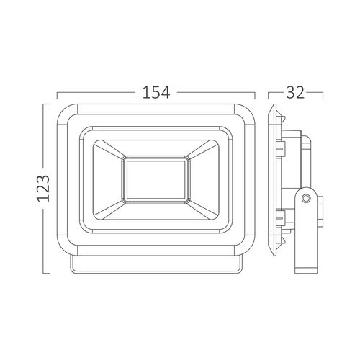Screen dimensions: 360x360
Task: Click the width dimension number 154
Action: [x=156, y=92]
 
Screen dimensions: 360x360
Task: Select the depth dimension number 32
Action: [x=295, y=92]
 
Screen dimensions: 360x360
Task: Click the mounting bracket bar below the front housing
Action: [x=156, y=264]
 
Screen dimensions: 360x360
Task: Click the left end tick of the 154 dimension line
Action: [x=56, y=92]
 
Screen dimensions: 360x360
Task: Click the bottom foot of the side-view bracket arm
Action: [x=305, y=268]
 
